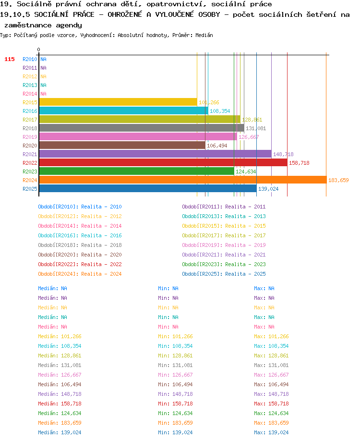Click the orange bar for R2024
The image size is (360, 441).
[x=183, y=180]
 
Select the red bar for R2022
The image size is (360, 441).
[x=163, y=162]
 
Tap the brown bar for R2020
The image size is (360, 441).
[x=122, y=146]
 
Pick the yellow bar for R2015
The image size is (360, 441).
[x=118, y=102]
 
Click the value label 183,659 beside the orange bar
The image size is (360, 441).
[x=338, y=180]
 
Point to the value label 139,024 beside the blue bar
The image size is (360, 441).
[x=268, y=189]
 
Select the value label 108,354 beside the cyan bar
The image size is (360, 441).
[x=220, y=111]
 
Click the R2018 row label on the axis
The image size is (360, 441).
[x=30, y=128]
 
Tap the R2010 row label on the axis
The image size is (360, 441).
[x=30, y=59]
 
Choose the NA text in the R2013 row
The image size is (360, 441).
[x=43, y=85]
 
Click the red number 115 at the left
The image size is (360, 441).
[x=10, y=59]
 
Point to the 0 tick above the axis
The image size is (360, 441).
[x=38, y=49]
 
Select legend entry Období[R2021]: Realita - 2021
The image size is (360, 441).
[x=224, y=255]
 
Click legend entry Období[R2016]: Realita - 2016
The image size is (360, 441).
[x=80, y=235]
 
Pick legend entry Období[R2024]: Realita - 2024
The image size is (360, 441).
[x=80, y=274]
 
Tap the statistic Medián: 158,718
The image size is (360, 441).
[x=60, y=404]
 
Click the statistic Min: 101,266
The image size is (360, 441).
[x=175, y=336]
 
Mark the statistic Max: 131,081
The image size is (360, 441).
[x=271, y=365]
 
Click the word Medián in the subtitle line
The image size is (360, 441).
[x=204, y=35]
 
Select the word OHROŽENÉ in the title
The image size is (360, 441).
[x=125, y=14]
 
